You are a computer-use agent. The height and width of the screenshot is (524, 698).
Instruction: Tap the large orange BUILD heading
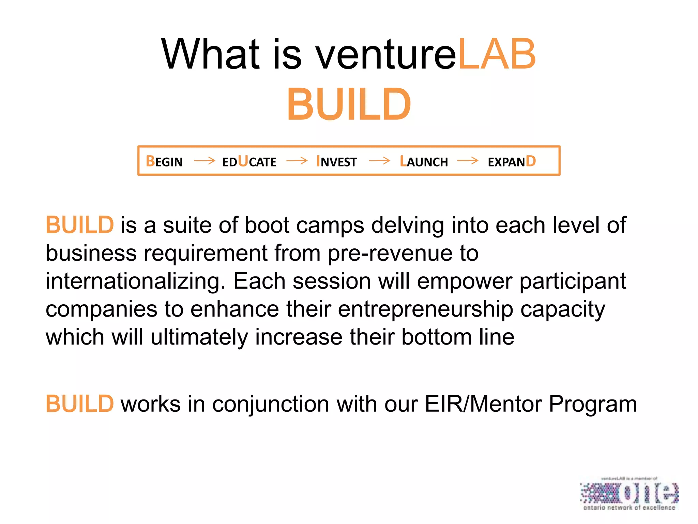coord(349,104)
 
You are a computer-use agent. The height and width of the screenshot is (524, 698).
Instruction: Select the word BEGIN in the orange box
coord(164,161)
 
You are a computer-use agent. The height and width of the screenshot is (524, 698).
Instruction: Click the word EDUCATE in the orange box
coord(249,161)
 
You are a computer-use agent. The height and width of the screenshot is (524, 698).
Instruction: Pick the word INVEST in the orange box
coord(336,161)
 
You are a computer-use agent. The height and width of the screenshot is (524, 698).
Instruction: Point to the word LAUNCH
coord(424,161)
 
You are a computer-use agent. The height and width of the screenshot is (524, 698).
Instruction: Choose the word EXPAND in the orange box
coord(512,161)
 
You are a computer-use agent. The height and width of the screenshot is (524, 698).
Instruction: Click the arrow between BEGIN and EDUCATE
coord(204,160)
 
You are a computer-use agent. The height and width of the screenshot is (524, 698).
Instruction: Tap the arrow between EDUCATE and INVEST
coord(297,160)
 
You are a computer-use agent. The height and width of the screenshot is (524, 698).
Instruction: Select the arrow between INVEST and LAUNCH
coord(379,160)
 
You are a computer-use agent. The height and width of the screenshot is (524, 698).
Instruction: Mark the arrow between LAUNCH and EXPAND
coord(468,160)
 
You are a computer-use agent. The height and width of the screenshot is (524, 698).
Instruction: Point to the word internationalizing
coord(135,281)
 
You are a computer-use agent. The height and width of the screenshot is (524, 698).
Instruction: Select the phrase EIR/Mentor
coord(483,404)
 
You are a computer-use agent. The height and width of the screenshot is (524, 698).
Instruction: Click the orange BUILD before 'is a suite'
coord(80,225)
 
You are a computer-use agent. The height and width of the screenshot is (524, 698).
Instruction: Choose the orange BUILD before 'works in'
coord(80,404)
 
